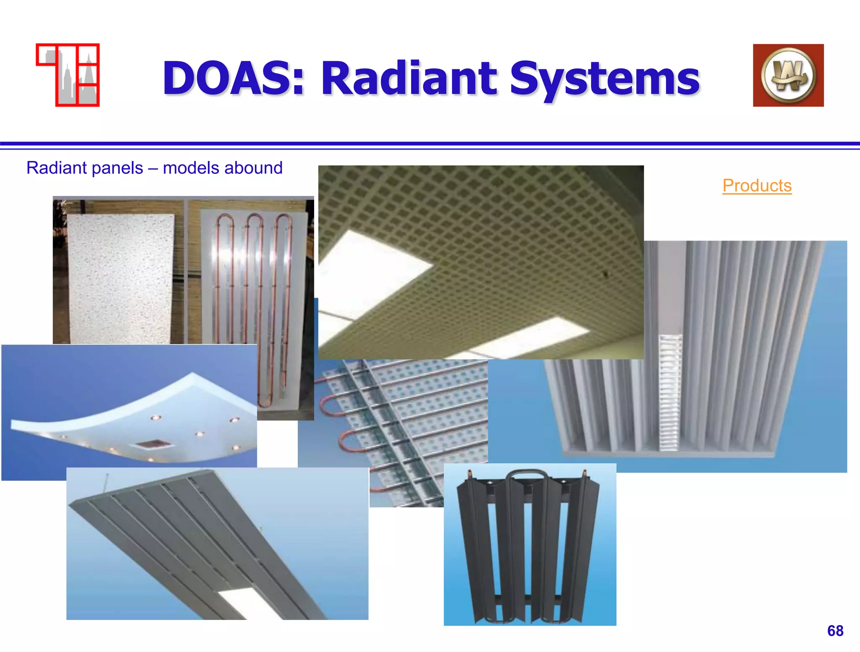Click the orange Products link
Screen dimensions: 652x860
tap(757, 186)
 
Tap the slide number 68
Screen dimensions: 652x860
tap(835, 631)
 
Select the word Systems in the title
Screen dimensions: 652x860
tap(605, 79)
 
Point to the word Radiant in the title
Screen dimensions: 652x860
tap(409, 79)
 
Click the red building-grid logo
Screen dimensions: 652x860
tap(68, 75)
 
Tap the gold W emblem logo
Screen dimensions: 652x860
tap(788, 75)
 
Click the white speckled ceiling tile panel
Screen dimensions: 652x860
tap(120, 277)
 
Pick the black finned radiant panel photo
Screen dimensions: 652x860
tap(530, 544)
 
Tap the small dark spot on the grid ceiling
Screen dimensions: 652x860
tap(606, 274)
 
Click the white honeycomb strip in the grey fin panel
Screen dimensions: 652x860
tap(669, 393)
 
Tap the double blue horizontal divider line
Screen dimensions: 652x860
tap(430, 145)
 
